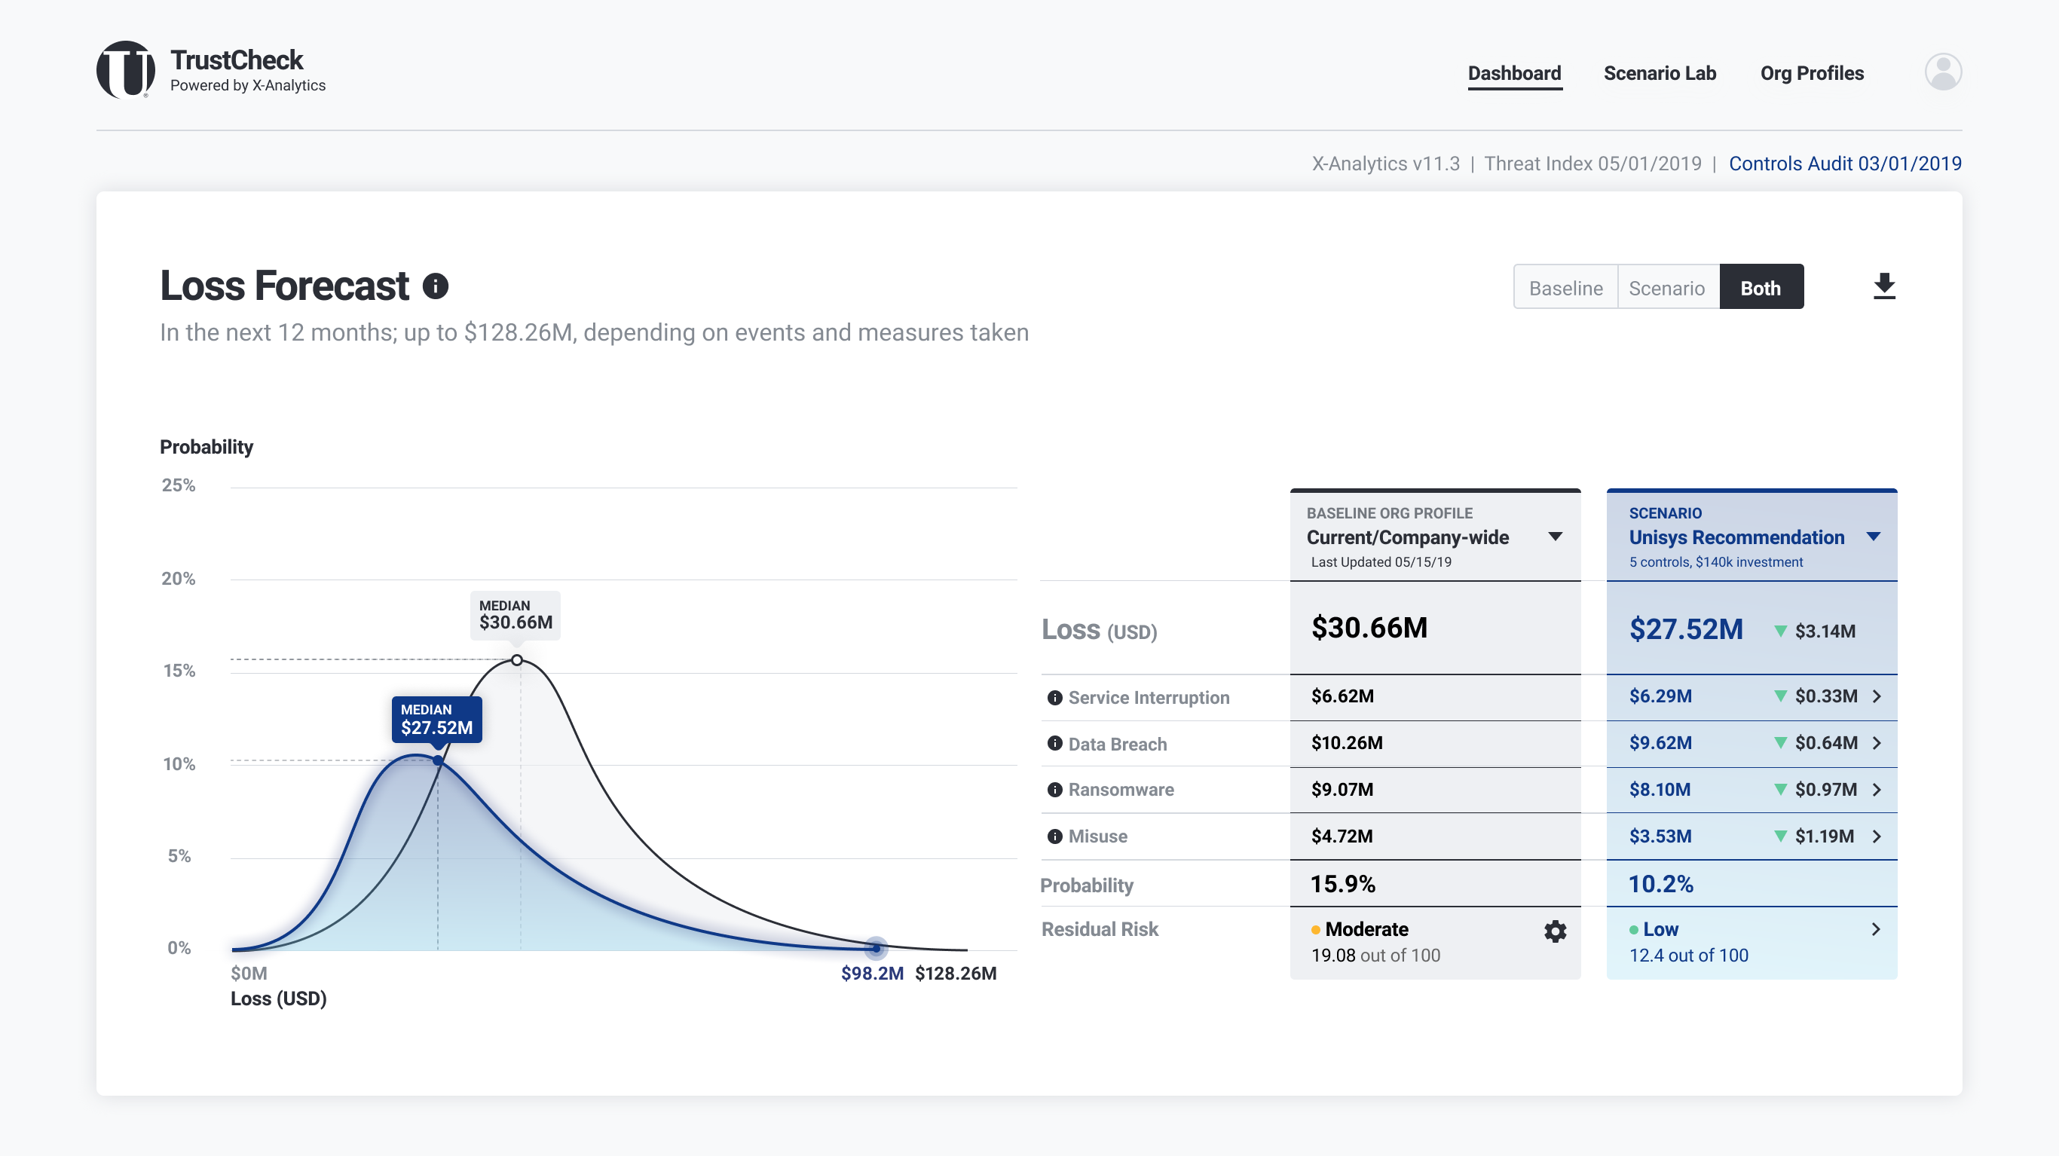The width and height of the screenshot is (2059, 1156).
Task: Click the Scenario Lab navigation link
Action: point(1660,74)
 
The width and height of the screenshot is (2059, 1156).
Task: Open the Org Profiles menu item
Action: point(1811,74)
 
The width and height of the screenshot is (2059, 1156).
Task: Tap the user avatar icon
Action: point(1942,72)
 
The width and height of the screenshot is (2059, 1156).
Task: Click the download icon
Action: point(1884,286)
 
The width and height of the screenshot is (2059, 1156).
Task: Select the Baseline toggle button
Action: point(1565,288)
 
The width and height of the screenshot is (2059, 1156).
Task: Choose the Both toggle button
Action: point(1761,288)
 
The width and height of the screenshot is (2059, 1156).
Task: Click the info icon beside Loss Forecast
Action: point(436,286)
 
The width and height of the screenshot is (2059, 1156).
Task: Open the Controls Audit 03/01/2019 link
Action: point(1845,164)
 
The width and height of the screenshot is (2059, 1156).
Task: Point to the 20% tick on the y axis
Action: point(179,579)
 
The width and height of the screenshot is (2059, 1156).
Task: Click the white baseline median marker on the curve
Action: point(517,660)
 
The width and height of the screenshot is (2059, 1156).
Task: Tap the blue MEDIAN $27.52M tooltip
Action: point(436,720)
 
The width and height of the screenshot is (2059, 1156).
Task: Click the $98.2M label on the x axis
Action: point(872,973)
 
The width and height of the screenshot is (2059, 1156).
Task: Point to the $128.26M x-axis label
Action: point(955,973)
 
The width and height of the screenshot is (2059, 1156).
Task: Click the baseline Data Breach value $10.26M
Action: point(1347,744)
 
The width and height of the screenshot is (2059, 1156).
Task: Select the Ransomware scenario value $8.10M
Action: point(1660,790)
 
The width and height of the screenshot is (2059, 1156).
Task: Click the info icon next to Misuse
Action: point(1055,836)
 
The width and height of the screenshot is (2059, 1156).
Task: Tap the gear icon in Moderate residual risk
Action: point(1555,931)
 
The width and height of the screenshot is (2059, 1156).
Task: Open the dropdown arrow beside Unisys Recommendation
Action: point(1874,537)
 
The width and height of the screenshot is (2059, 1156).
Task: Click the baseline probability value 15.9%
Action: point(1343,884)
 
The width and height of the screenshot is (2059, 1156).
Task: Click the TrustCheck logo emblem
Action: point(126,70)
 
